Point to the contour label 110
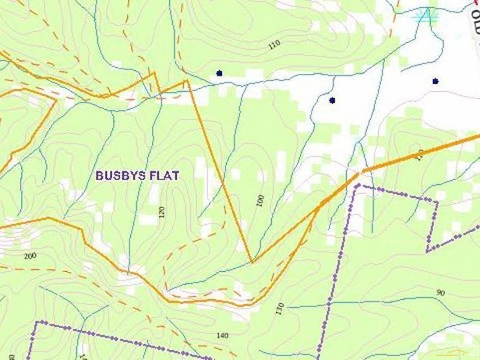[274, 44]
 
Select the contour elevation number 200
[30, 256]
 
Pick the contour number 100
[260, 200]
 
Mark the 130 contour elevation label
[280, 308]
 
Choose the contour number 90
[440, 293]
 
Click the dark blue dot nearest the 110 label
[219, 73]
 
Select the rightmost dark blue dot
[435, 81]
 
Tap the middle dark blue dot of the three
[332, 100]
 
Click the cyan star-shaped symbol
[427, 16]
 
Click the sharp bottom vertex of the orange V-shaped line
[251, 262]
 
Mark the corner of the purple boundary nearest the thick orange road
[358, 186]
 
